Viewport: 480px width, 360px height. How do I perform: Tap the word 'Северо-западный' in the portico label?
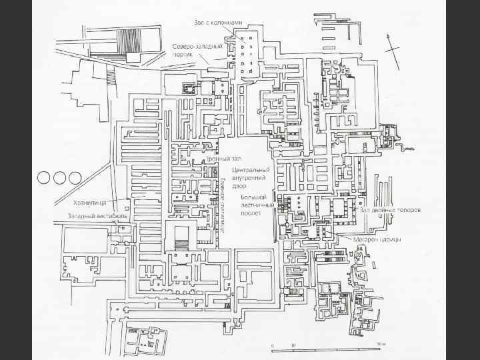pyautogui.click(x=197, y=47)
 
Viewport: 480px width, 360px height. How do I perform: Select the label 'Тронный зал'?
pyautogui.click(x=223, y=159)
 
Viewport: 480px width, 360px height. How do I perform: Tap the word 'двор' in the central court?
pyautogui.click(x=240, y=186)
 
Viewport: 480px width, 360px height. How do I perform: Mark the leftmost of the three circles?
pyautogui.click(x=45, y=177)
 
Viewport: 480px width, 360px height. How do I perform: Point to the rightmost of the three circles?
pyautogui.click(x=74, y=177)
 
